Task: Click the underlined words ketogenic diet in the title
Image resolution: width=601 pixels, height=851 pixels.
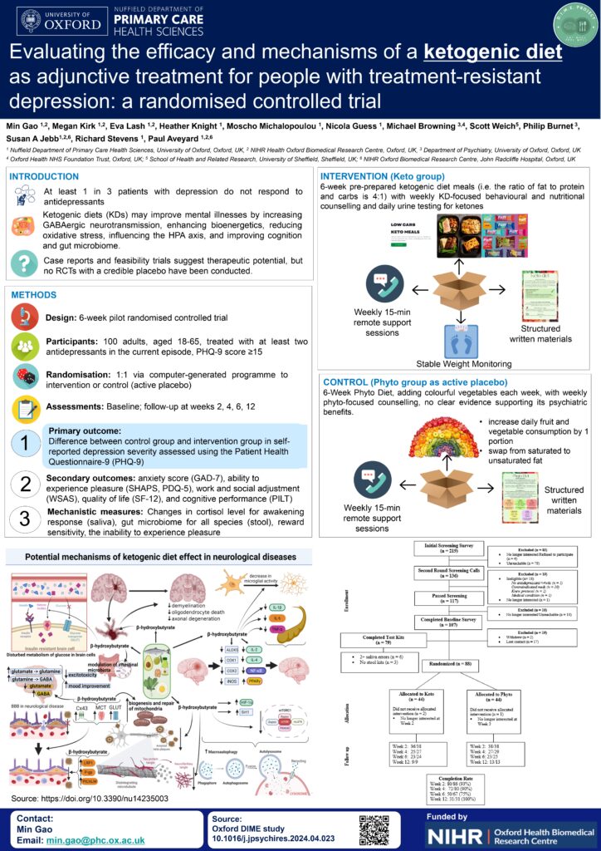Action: point(492,54)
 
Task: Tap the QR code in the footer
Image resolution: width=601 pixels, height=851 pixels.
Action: point(374,829)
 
